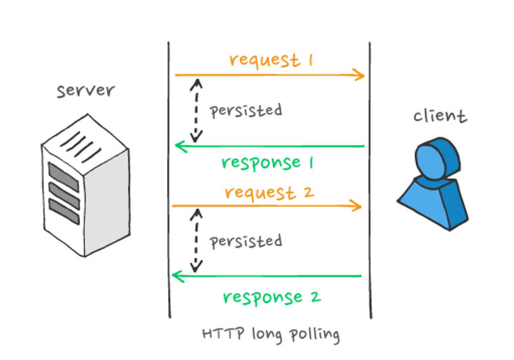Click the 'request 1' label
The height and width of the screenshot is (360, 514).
(x=271, y=60)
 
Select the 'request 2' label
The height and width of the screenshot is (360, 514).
(x=269, y=192)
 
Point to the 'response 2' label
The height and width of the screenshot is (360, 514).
(x=271, y=296)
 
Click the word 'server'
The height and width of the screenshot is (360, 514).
(x=85, y=90)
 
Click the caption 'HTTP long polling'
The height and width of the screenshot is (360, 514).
(x=271, y=334)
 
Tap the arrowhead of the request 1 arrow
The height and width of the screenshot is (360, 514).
(x=361, y=75)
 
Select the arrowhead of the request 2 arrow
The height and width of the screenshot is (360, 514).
(x=358, y=206)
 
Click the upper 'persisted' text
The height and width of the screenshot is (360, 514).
(x=246, y=110)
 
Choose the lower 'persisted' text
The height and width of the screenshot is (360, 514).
(x=246, y=241)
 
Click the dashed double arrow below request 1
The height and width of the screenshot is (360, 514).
(x=196, y=110)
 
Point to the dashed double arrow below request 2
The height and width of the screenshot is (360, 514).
(x=196, y=241)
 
